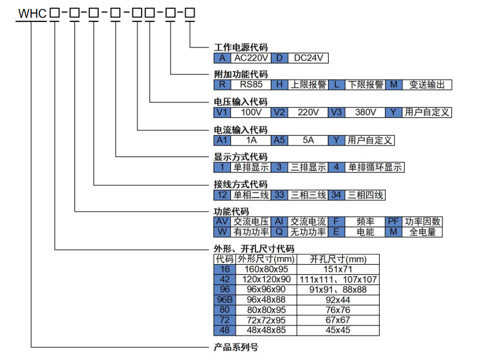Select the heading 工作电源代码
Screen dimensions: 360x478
pos(240,47)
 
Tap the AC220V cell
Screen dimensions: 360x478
pos(251,58)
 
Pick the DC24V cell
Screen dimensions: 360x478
pos(308,58)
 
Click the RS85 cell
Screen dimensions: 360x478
pos(251,85)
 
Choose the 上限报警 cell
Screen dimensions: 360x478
pos(308,85)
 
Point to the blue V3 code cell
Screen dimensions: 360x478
pos(338,112)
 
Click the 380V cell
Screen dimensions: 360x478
pos(365,112)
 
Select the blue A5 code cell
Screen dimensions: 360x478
pos(279,140)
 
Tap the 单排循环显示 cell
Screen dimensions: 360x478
pos(375,168)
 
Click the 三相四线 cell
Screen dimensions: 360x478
pos(365,195)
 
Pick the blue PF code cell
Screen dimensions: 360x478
pos(394,221)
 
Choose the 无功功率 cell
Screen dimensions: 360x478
pos(308,232)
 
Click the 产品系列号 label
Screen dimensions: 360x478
pos(236,347)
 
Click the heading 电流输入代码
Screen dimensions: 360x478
pos(240,130)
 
